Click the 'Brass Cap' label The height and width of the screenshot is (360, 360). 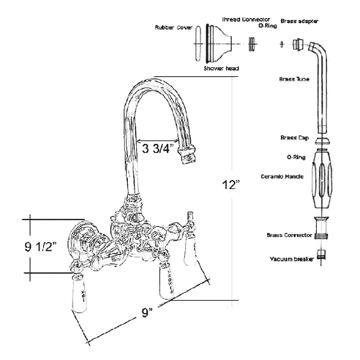[x=293, y=137]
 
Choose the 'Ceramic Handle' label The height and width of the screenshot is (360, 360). [x=282, y=176]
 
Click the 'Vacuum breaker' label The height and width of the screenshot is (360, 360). [x=288, y=259]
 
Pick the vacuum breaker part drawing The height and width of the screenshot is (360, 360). [x=323, y=255]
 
